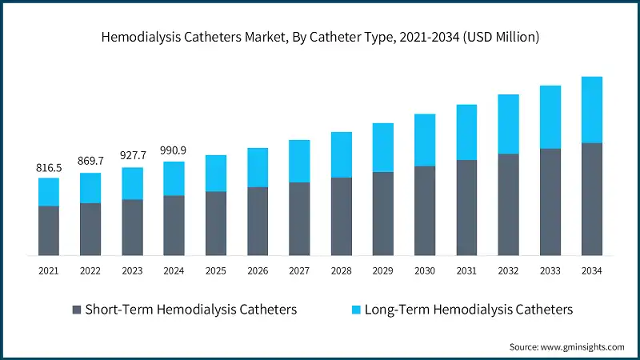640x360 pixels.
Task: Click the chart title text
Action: point(320,37)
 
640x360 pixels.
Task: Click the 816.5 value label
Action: point(49,168)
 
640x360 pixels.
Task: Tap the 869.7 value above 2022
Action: point(90,162)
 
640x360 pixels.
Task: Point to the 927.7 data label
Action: point(132,155)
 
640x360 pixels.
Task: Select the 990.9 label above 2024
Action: point(174,150)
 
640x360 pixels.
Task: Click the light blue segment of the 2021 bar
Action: point(49,192)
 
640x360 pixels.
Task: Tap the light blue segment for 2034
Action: point(592,110)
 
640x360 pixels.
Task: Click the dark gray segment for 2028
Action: point(341,216)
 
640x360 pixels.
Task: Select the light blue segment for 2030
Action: point(425,140)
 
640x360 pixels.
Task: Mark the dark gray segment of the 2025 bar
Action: point(216,223)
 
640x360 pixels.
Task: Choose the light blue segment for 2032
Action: point(508,124)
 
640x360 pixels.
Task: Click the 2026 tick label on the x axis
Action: point(258,271)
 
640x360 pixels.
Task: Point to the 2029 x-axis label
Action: point(383,271)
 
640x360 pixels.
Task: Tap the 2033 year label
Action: point(550,271)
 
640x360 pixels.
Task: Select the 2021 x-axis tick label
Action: point(49,271)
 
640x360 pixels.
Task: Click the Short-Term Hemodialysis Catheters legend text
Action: point(191,309)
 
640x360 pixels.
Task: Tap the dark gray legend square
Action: point(77,309)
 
